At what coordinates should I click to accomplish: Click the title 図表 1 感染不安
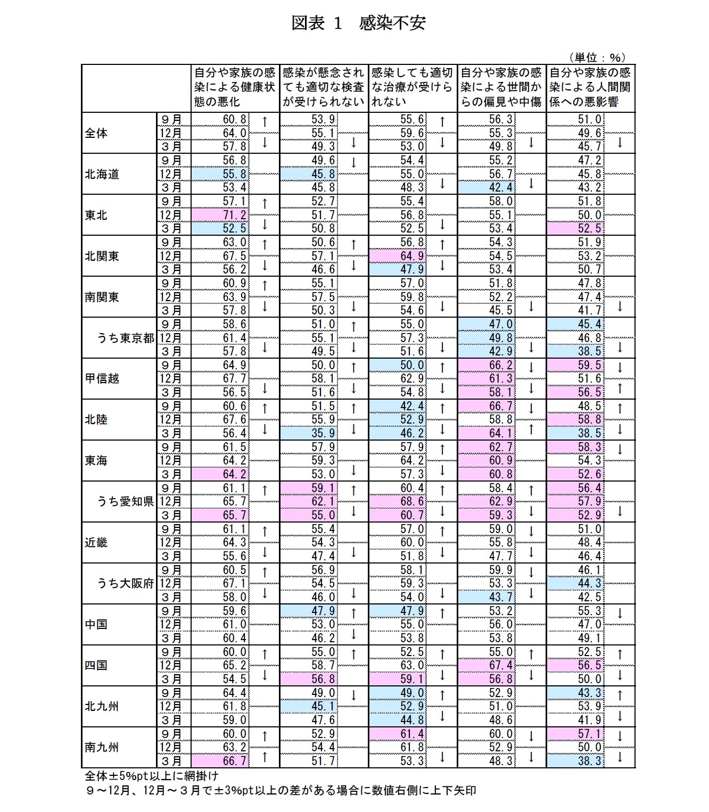tap(358, 23)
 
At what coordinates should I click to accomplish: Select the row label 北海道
tap(102, 174)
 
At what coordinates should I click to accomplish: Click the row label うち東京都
tap(126, 338)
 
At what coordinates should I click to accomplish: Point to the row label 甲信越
tap(102, 379)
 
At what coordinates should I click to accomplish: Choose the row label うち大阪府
tap(126, 583)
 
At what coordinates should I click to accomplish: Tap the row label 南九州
tap(102, 747)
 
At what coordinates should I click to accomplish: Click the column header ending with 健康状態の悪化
tap(235, 87)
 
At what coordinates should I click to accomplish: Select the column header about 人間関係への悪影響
tap(590, 87)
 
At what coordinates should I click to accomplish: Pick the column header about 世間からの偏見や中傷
tap(501, 87)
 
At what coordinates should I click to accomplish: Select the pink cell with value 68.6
tap(413, 501)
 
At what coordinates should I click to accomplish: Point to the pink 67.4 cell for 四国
tap(501, 665)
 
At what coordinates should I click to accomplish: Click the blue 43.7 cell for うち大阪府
tap(501, 597)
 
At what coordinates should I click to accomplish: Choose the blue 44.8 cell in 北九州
tap(413, 720)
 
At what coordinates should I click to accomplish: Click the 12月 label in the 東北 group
tap(171, 215)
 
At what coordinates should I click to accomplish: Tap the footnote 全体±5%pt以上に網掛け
tap(151, 776)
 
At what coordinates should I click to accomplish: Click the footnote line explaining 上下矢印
tap(280, 790)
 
